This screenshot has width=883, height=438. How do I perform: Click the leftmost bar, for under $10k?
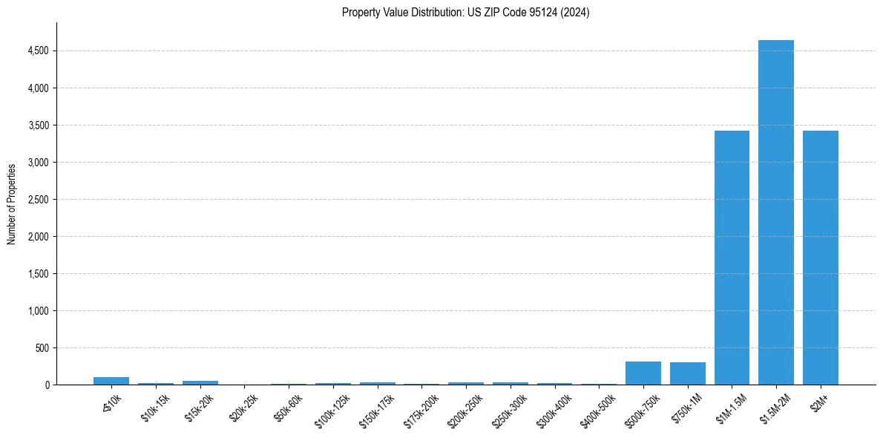coord(111,381)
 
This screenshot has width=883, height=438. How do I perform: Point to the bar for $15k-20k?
coord(200,382)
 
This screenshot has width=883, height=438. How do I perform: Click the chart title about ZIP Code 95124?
coord(465,12)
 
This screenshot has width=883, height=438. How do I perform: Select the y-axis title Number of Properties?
coord(12,203)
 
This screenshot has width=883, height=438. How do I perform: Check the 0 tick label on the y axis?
coord(47,385)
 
